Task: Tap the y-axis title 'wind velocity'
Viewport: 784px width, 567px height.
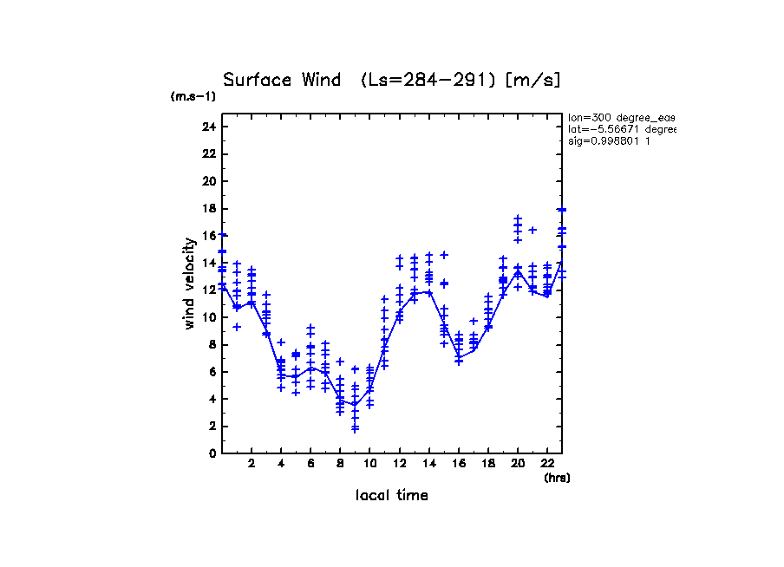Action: point(189,283)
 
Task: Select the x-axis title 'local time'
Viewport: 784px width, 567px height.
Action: point(391,496)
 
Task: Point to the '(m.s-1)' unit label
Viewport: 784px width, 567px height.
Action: point(193,97)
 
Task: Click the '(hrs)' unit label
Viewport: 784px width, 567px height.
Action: point(557,478)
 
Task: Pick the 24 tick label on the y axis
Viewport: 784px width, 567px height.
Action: point(208,127)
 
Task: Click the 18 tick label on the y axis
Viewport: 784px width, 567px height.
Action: point(208,209)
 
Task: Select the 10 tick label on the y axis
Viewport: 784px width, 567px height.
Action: point(208,317)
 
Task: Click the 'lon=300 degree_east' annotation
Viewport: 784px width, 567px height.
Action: point(621,117)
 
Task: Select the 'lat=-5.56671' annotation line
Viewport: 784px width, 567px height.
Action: point(621,129)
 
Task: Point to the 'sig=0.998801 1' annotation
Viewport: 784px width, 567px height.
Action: point(609,141)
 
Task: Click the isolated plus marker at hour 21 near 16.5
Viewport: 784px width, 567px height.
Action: point(532,230)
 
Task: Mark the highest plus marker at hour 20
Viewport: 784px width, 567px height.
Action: point(518,218)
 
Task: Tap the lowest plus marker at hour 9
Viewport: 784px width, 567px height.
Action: point(355,429)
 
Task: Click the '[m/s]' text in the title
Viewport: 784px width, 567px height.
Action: point(532,80)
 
